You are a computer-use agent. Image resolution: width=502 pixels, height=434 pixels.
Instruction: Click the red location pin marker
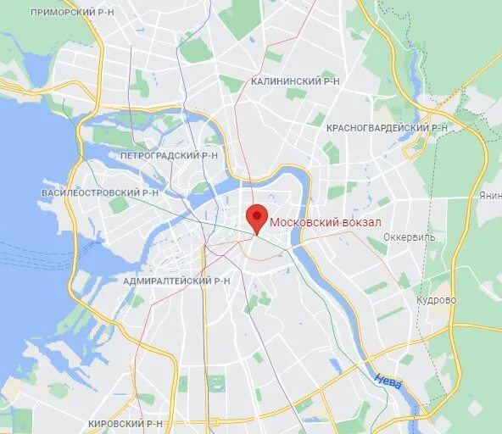(x=257, y=217)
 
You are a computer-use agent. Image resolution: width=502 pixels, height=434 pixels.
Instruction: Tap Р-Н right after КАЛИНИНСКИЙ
(x=330, y=81)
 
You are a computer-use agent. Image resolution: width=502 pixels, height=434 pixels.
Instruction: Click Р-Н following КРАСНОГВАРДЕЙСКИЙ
(x=438, y=127)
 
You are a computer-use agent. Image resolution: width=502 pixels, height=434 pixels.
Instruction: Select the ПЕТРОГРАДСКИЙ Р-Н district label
(x=169, y=156)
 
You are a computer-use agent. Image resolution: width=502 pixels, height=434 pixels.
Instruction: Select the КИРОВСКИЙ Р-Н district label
(x=126, y=423)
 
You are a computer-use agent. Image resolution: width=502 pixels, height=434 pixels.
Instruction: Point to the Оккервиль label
(x=409, y=237)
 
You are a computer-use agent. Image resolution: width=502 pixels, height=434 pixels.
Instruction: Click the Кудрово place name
(x=436, y=300)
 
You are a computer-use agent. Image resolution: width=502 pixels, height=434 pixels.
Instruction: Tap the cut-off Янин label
(x=490, y=195)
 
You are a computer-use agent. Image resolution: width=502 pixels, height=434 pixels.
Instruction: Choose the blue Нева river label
(x=388, y=381)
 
